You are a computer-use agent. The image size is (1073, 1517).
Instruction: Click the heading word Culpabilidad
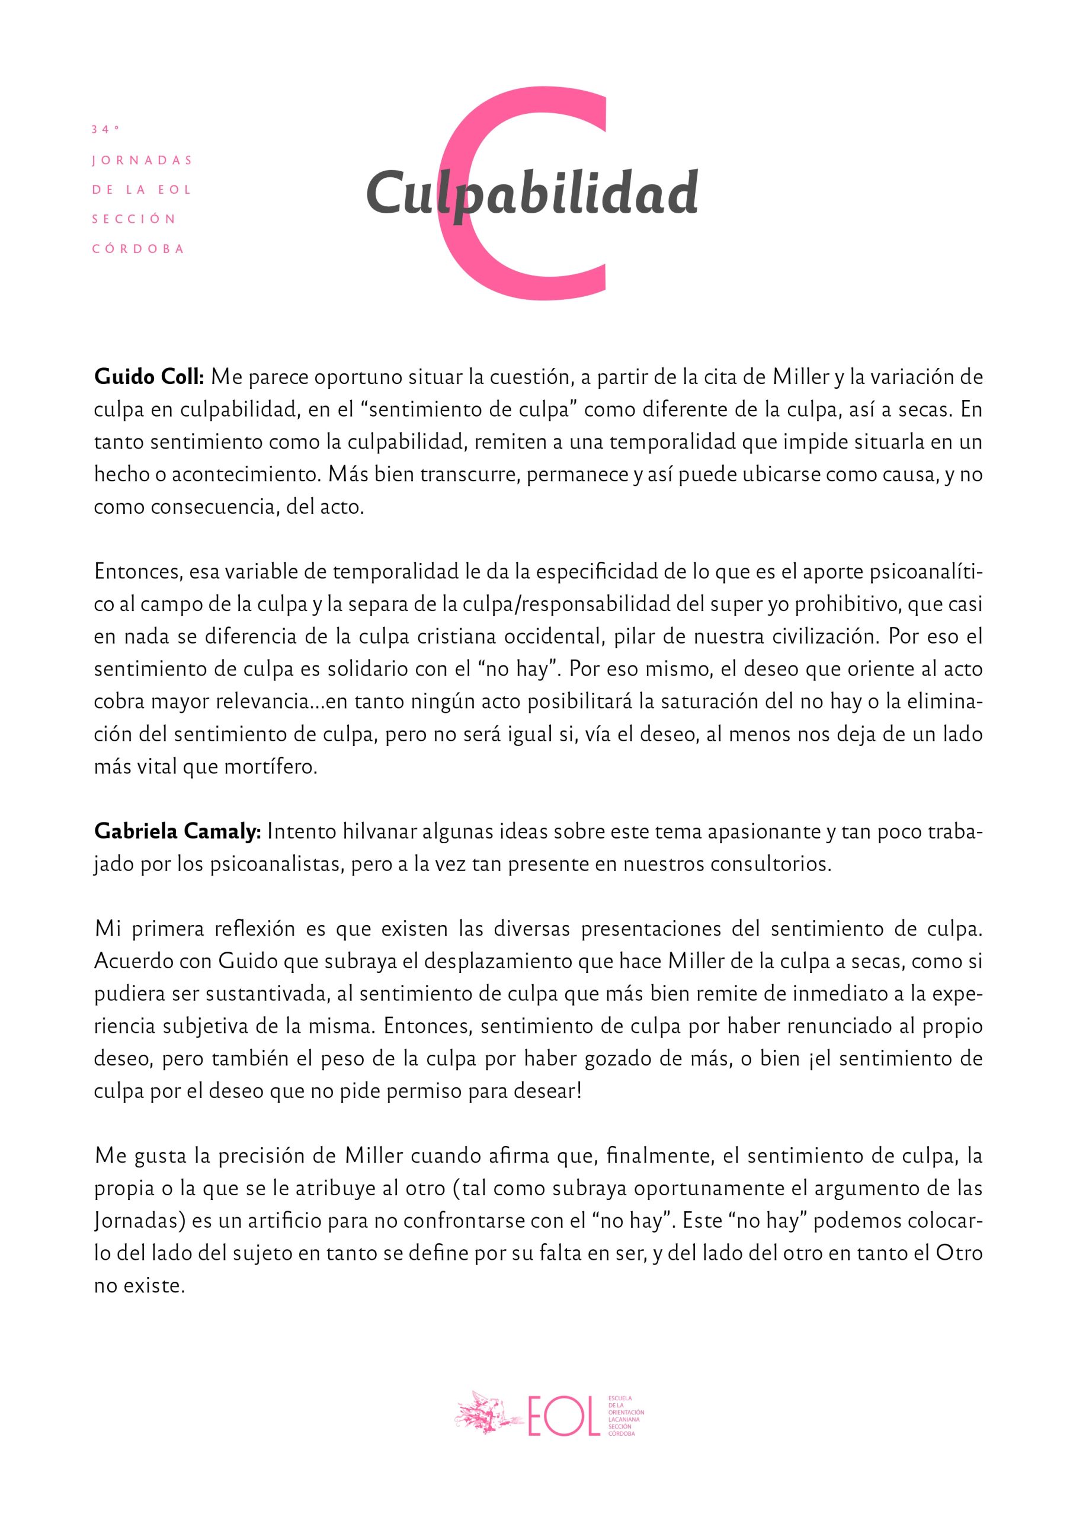532,192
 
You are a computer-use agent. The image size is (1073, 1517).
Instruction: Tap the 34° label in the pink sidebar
105,130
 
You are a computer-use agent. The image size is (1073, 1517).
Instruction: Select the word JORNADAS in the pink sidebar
142,161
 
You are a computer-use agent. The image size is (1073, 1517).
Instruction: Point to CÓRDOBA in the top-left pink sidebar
138,249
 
